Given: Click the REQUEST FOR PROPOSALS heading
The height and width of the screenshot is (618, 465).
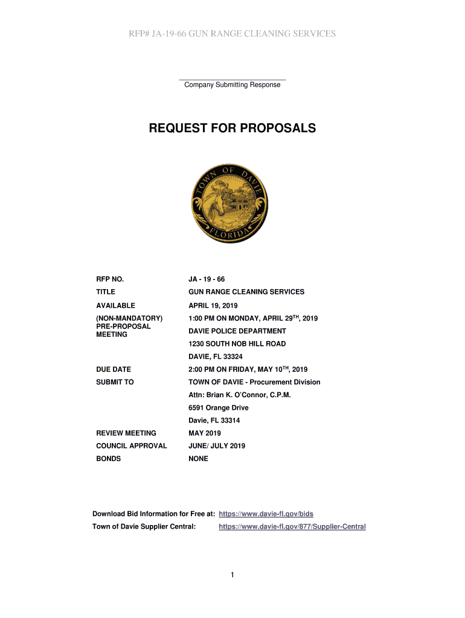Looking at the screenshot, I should tap(232, 129).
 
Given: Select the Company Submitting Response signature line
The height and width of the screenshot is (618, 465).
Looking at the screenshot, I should tap(232, 80).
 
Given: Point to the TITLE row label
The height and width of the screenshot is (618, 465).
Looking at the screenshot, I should tap(106, 292).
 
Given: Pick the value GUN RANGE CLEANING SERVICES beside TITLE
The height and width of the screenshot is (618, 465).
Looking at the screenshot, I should tap(246, 292).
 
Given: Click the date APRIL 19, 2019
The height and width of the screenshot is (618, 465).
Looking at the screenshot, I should tap(213, 305).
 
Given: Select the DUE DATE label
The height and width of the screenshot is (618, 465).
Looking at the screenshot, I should tap(114, 369).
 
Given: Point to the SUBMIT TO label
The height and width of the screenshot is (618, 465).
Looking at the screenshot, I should tap(115, 382).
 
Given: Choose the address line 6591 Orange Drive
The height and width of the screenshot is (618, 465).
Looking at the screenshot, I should tap(218, 408).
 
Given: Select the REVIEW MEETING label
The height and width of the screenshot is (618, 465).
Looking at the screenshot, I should tap(126, 433).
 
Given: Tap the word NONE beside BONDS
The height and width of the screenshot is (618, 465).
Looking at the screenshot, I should tap(198, 459).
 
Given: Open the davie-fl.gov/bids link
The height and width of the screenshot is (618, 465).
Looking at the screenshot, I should tap(266, 514).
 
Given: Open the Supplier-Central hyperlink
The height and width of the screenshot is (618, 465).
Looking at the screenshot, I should tap(292, 527).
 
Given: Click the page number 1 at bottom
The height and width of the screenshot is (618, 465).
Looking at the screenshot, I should tap(232, 575).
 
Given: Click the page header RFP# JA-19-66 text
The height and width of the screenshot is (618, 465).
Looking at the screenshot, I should tap(232, 34).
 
